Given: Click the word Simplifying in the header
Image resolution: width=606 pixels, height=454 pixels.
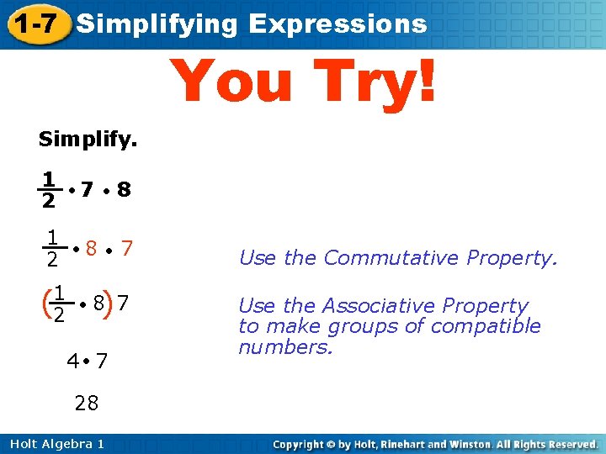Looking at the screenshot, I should click(x=157, y=24).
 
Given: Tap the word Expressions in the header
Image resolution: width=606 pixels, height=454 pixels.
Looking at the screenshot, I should click(x=338, y=24).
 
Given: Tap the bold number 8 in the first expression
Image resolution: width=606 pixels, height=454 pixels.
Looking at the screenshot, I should click(x=124, y=190).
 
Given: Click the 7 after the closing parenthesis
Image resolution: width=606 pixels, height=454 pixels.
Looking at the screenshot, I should click(x=123, y=301).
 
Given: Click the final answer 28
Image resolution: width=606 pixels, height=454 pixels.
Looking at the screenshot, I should click(x=86, y=404).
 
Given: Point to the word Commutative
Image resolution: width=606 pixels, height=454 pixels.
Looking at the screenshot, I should click(x=380, y=258).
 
